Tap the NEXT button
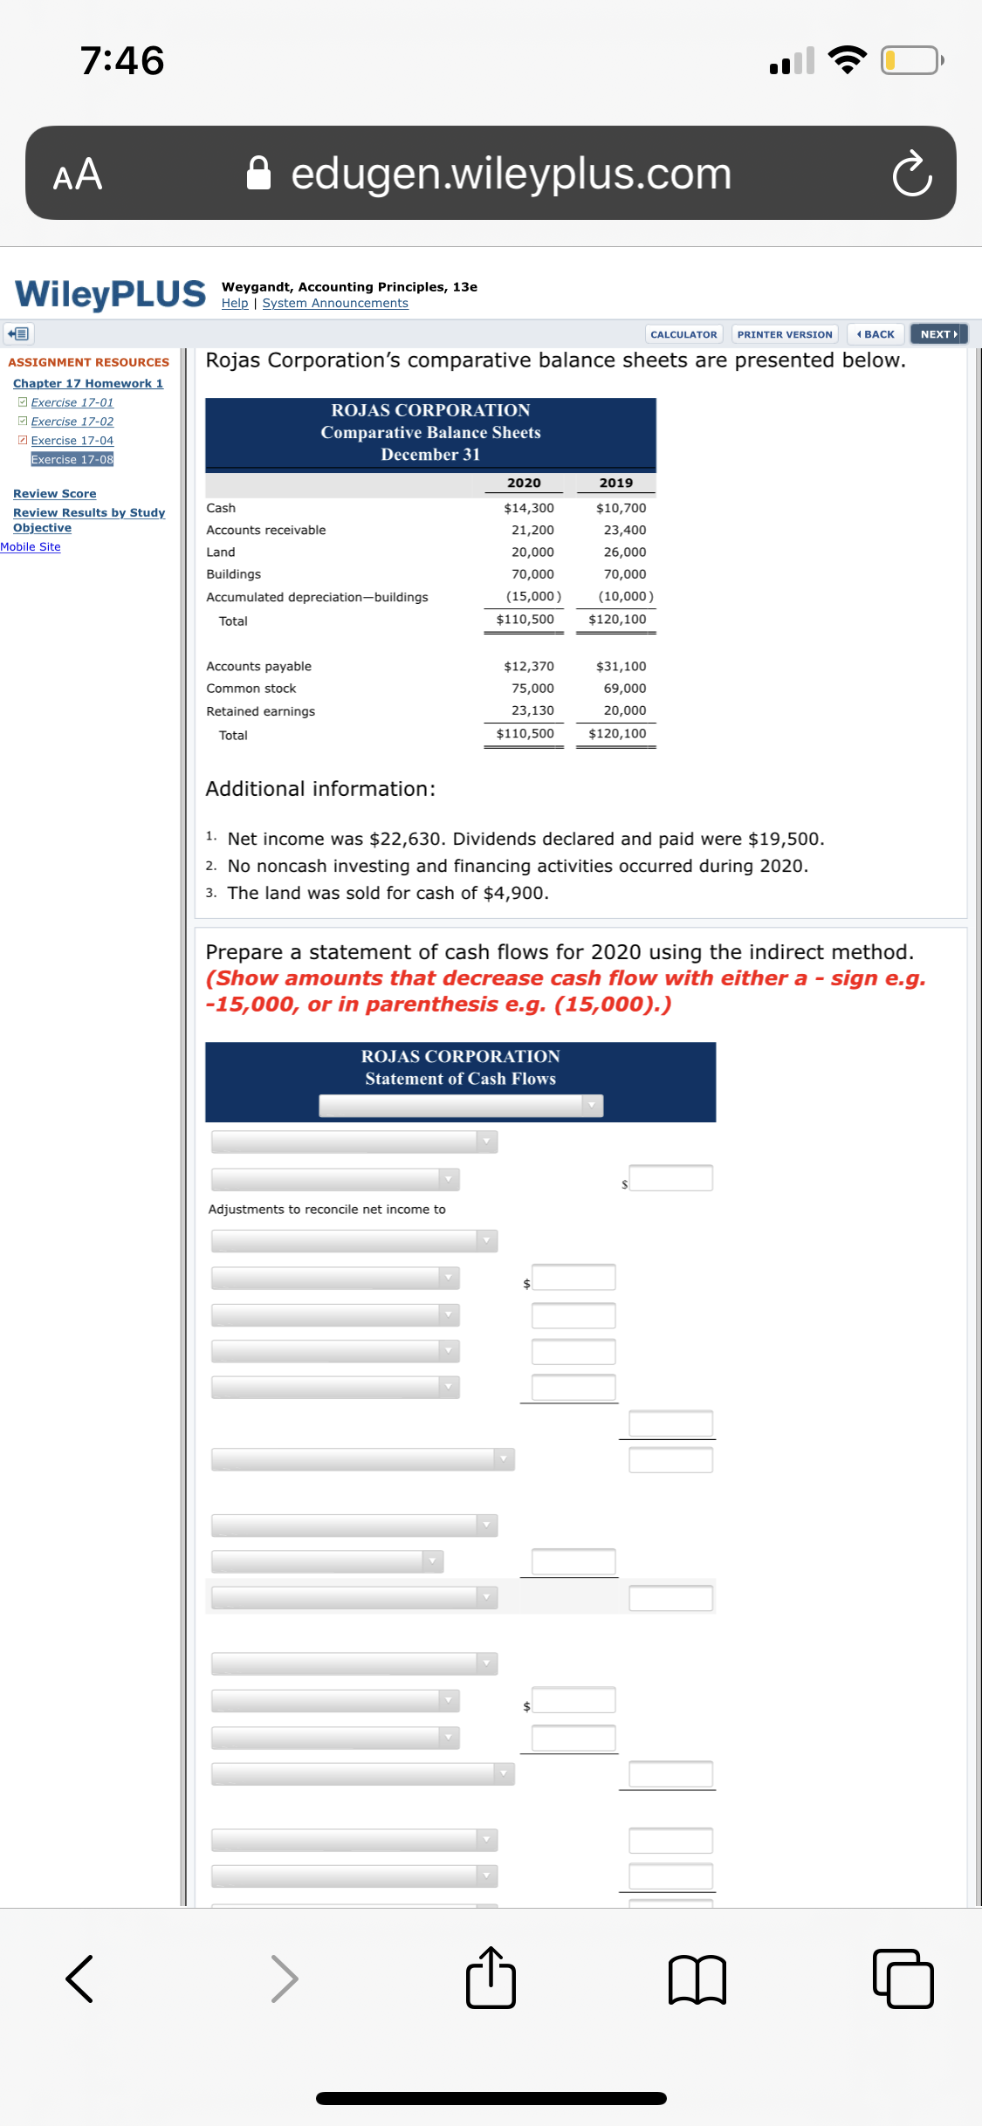pyautogui.click(x=938, y=334)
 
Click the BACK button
pyautogui.click(x=876, y=334)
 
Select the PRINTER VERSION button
pyautogui.click(x=784, y=334)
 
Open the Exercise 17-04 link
pyautogui.click(x=72, y=441)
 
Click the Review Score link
pyautogui.click(x=54, y=494)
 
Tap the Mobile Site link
pyautogui.click(x=31, y=547)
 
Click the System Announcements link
pyautogui.click(x=335, y=304)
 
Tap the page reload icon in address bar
pyautogui.click(x=911, y=174)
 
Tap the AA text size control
pyautogui.click(x=78, y=175)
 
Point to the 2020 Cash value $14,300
pyautogui.click(x=528, y=508)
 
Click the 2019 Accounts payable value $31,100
pyautogui.click(x=621, y=666)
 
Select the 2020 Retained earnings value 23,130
pyautogui.click(x=532, y=710)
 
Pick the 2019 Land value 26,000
pyautogui.click(x=624, y=552)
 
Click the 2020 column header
pyautogui.click(x=524, y=483)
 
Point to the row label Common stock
pyautogui.click(x=251, y=689)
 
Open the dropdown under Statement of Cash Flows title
pyautogui.click(x=461, y=1106)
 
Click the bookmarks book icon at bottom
pyautogui.click(x=697, y=1979)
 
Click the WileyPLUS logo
pyautogui.click(x=111, y=294)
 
